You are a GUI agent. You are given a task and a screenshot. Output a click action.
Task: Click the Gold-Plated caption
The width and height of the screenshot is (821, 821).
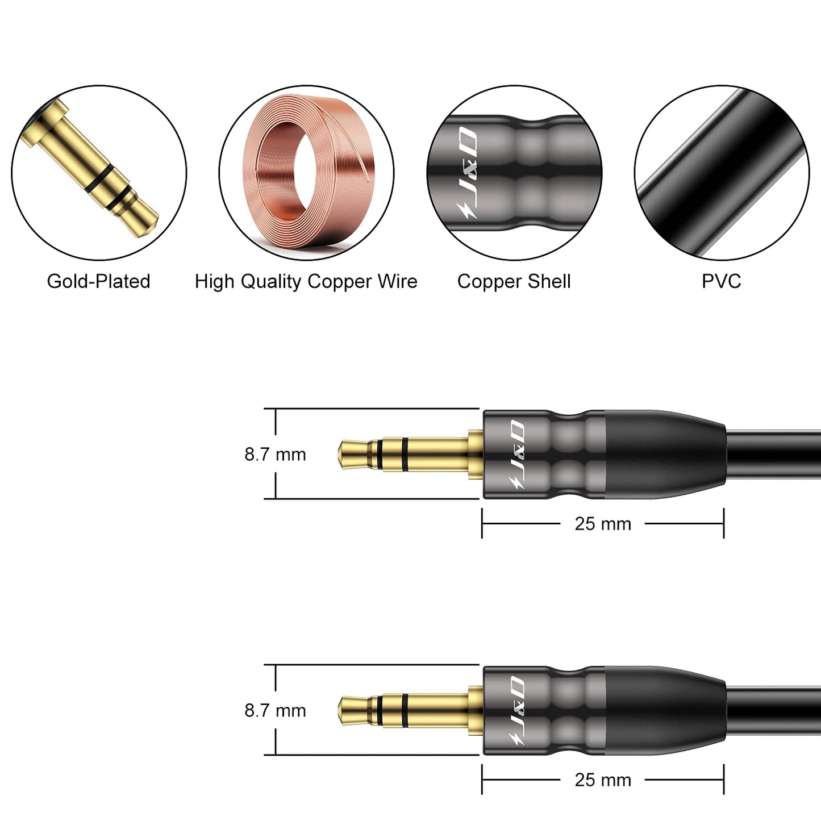(98, 281)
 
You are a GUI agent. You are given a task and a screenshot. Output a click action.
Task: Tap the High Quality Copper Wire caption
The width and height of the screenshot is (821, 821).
(306, 282)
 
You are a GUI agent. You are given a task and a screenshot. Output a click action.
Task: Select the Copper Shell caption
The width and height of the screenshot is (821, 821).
(514, 282)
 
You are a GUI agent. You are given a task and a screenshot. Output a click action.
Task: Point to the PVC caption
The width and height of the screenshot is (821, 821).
(722, 281)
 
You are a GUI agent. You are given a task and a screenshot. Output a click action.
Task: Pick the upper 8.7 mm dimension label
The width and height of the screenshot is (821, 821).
(275, 455)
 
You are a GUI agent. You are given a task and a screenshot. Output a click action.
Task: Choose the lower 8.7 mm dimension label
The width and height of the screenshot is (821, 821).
(275, 710)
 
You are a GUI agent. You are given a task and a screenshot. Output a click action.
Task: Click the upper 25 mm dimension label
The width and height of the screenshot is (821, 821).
(603, 524)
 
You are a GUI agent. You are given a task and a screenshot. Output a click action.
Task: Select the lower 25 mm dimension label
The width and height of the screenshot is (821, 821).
(603, 780)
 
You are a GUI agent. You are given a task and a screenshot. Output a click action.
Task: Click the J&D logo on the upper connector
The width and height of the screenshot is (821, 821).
(516, 454)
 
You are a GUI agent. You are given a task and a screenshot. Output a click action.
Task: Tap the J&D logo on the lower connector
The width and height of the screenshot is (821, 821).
(516, 710)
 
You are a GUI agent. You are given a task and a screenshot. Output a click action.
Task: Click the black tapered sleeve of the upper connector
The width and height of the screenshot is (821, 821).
(665, 454)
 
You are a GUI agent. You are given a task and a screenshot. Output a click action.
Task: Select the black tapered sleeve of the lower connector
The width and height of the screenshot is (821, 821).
(665, 710)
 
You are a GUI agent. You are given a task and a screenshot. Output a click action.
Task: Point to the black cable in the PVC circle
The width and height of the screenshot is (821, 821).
(722, 173)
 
